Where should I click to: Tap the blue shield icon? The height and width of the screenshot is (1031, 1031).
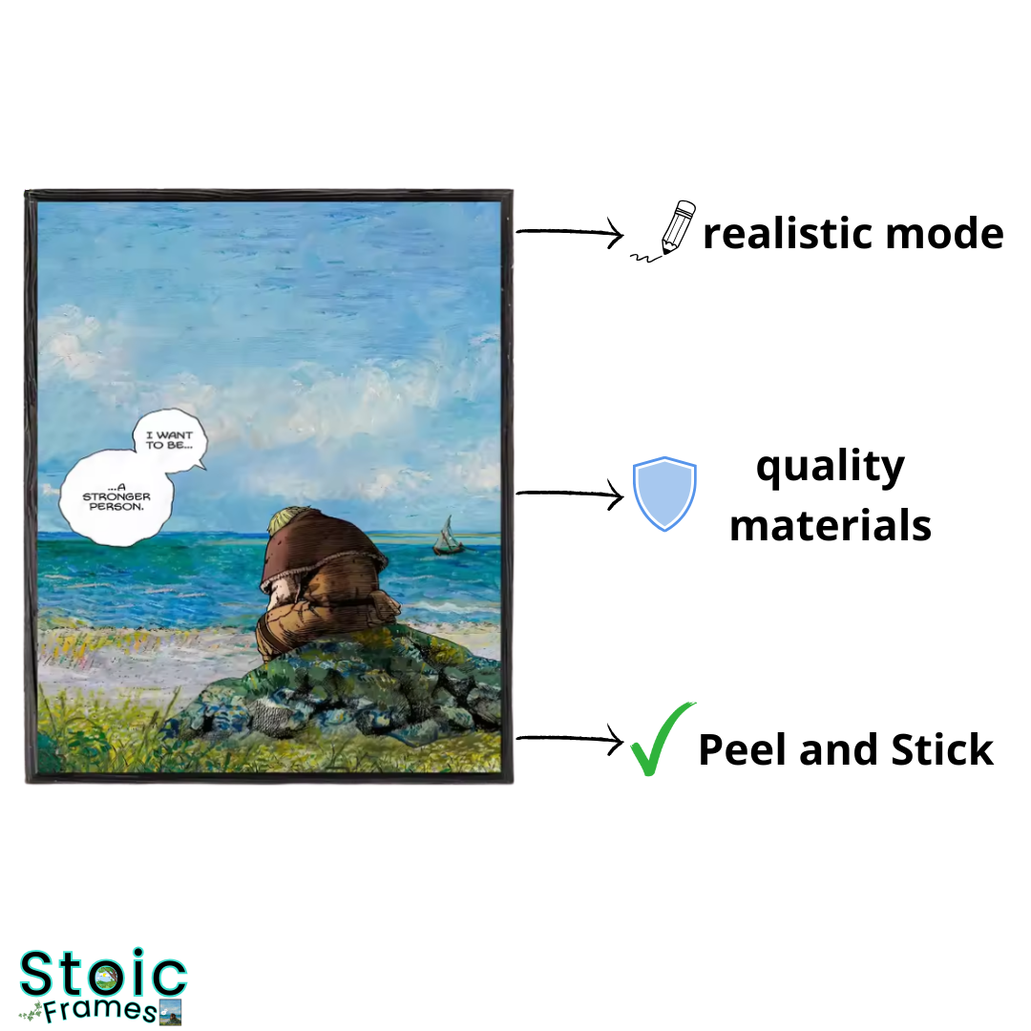pyautogui.click(x=664, y=494)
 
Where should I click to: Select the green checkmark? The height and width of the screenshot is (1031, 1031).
pyautogui.click(x=660, y=740)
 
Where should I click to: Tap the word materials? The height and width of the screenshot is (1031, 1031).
pyautogui.click(x=831, y=525)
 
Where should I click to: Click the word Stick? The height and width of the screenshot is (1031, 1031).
pyautogui.click(x=941, y=749)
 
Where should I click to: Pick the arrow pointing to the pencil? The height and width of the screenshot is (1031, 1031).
pyautogui.click(x=569, y=232)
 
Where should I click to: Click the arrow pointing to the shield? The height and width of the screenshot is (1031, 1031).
pyautogui.click(x=569, y=494)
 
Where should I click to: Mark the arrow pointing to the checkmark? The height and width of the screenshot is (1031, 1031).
pyautogui.click(x=569, y=739)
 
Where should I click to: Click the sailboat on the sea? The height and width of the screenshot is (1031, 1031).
pyautogui.click(x=449, y=537)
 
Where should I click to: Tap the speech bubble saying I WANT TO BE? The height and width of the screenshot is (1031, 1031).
pyautogui.click(x=170, y=440)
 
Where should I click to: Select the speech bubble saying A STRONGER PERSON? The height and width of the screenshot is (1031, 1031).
pyautogui.click(x=116, y=497)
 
